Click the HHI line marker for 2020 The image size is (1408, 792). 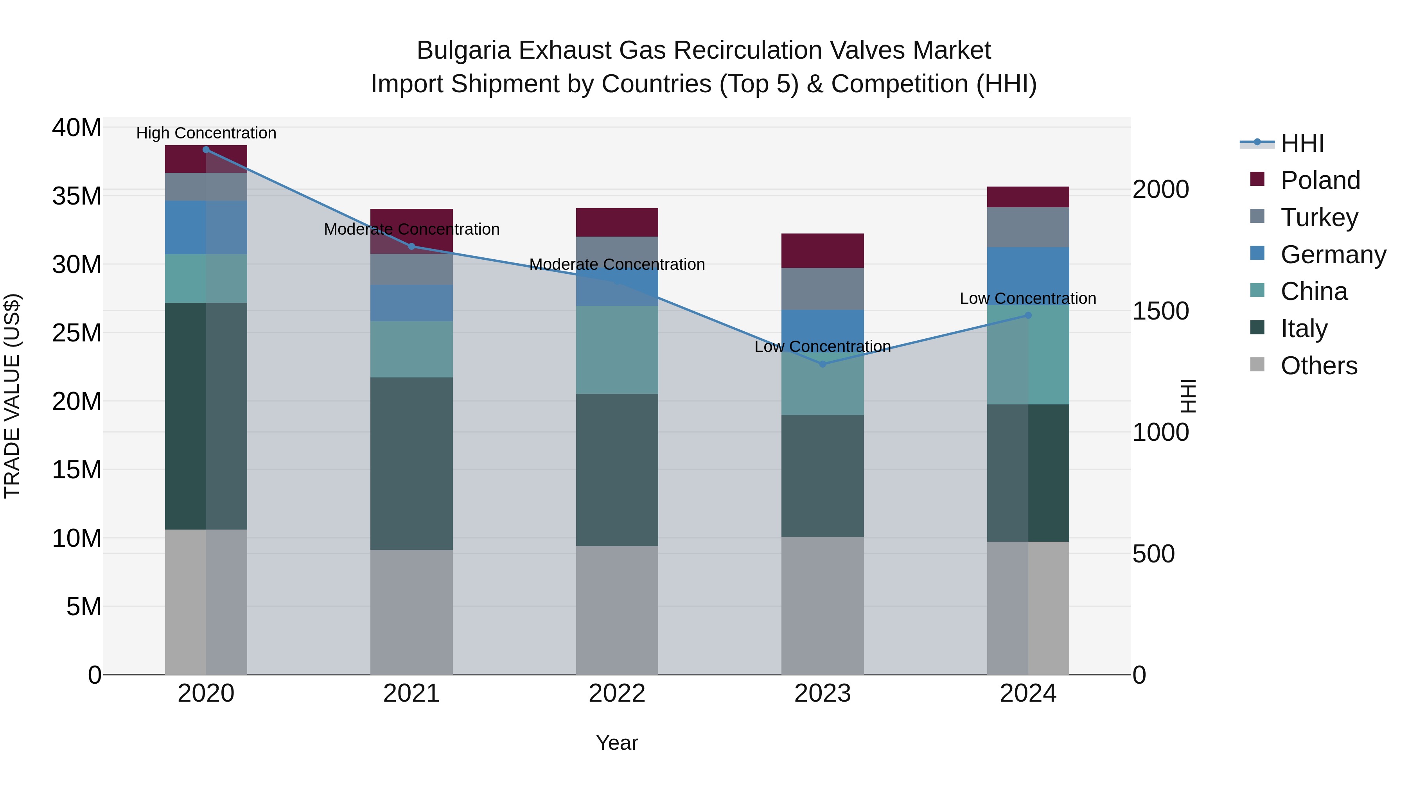[x=206, y=150]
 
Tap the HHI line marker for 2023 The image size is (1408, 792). [x=823, y=364]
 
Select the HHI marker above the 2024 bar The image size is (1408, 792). [x=1028, y=315]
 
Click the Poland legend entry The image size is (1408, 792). [x=1320, y=180]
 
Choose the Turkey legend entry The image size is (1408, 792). [x=1318, y=217]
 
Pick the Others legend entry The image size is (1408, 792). [x=1318, y=366]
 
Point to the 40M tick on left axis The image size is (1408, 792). [x=77, y=128]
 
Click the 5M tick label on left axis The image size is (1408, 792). [x=84, y=607]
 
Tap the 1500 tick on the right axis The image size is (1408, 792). [x=1160, y=311]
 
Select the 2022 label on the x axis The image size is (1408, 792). [x=616, y=693]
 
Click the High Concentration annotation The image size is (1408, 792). [x=206, y=133]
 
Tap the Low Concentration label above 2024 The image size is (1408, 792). [x=1027, y=298]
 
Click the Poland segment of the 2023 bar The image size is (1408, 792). [x=823, y=250]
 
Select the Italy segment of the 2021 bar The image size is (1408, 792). [x=411, y=463]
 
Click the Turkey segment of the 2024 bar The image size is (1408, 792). [x=1028, y=227]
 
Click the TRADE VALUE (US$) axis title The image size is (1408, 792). [x=12, y=396]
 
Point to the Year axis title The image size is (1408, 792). [x=616, y=743]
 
